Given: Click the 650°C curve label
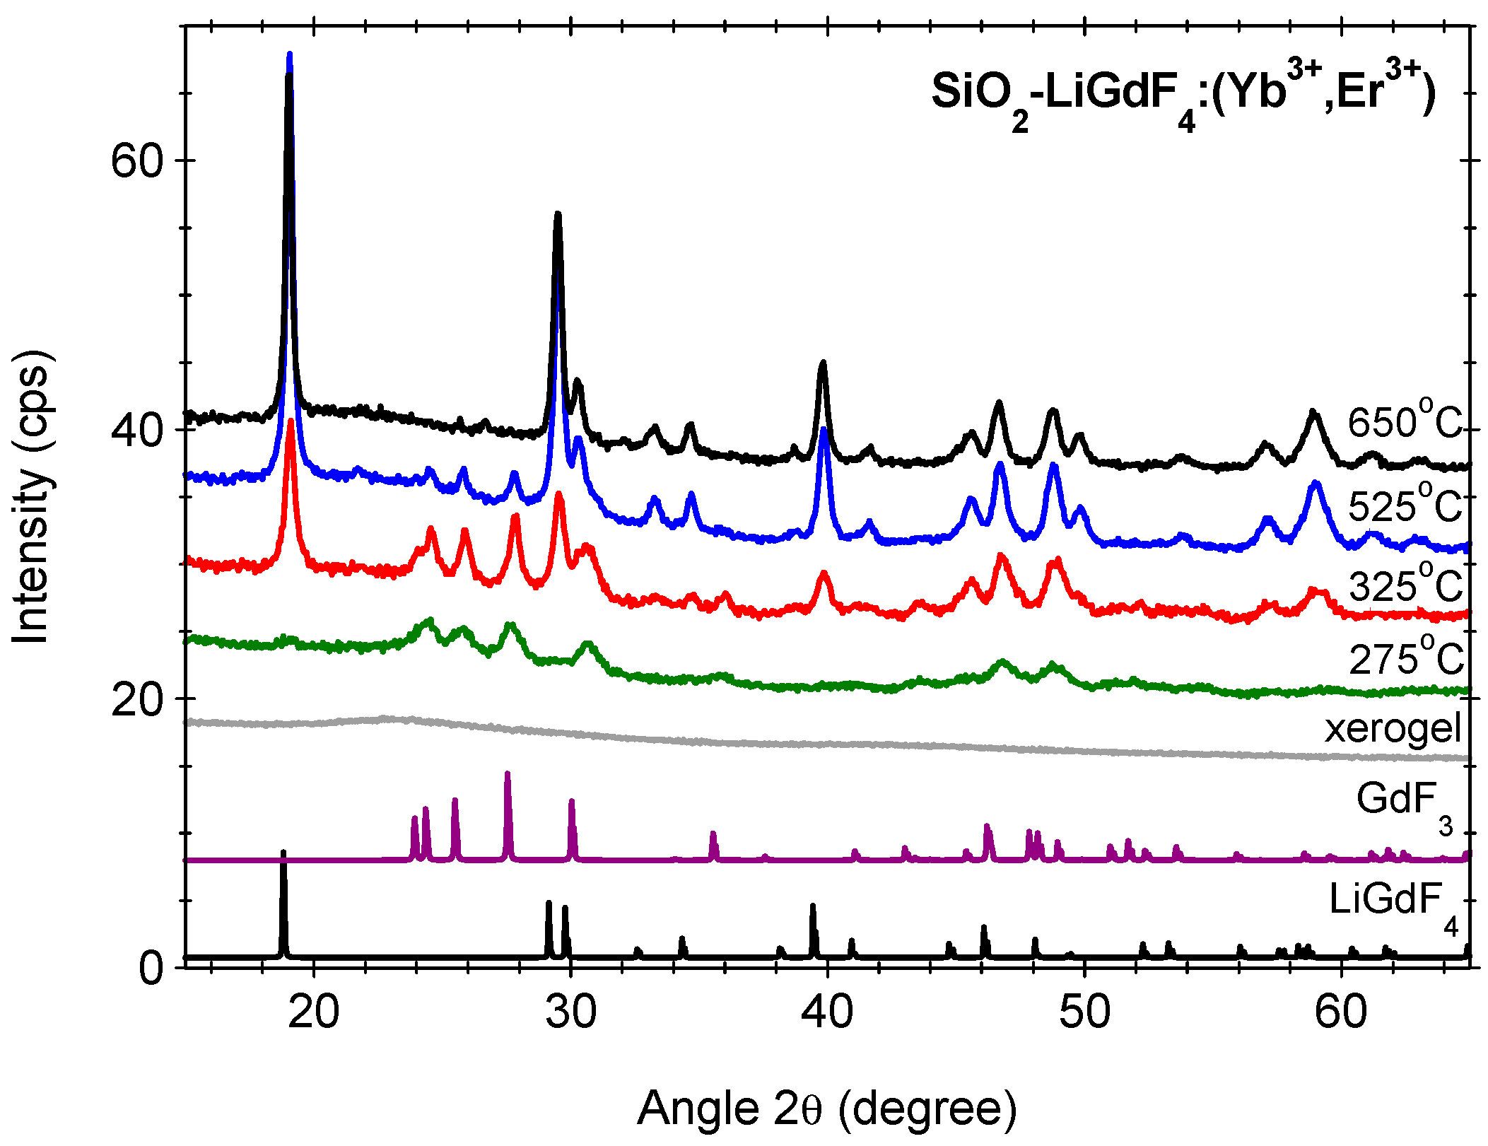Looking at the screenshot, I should pyautogui.click(x=1403, y=423).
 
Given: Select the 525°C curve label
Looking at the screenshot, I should pyautogui.click(x=1403, y=506).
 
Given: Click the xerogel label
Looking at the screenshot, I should pyautogui.click(x=1392, y=727).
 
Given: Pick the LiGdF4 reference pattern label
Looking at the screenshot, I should pyautogui.click(x=1393, y=905).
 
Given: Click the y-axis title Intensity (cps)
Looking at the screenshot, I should pyautogui.click(x=32, y=496).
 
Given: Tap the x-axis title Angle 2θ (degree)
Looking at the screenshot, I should pyautogui.click(x=827, y=1108).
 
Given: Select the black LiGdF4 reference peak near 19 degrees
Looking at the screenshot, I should pyautogui.click(x=283, y=853).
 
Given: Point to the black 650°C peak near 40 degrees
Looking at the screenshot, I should pyautogui.click(x=822, y=363).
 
